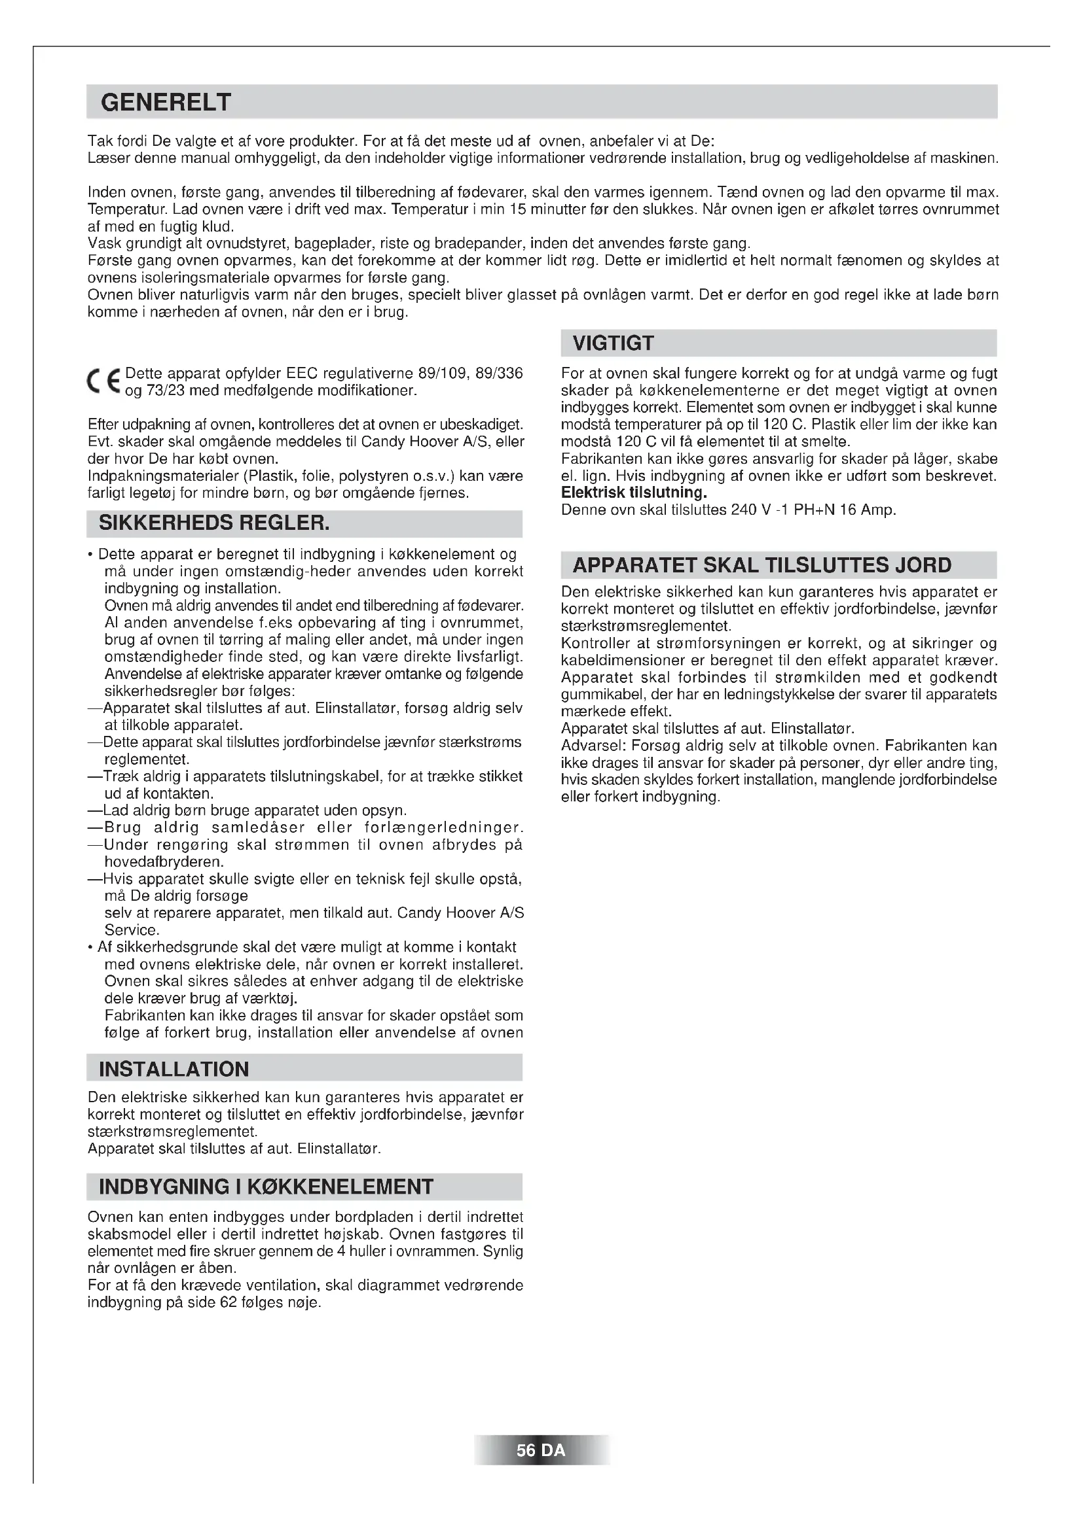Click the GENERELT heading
[166, 103]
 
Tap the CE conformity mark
[104, 381]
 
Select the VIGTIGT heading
[614, 344]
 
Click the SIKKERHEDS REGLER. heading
[214, 523]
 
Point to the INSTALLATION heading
[174, 1069]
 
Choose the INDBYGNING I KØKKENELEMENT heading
[265, 1187]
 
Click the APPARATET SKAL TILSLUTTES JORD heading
[762, 565]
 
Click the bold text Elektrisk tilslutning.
[634, 493]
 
